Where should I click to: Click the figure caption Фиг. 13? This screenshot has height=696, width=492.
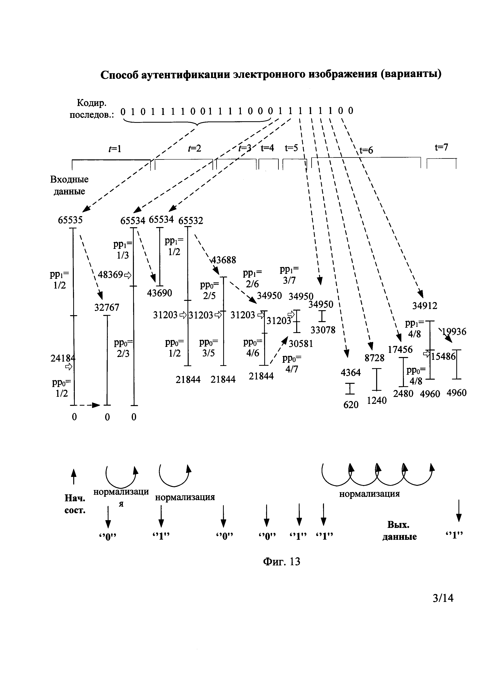(282, 562)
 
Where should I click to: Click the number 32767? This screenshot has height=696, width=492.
(107, 307)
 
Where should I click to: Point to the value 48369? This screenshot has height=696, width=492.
(111, 275)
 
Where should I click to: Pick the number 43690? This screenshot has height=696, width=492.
(159, 293)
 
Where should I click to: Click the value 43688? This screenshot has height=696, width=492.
(224, 260)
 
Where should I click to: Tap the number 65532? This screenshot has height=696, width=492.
(191, 221)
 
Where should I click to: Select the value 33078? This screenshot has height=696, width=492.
(323, 330)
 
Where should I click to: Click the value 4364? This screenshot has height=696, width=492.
(351, 372)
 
